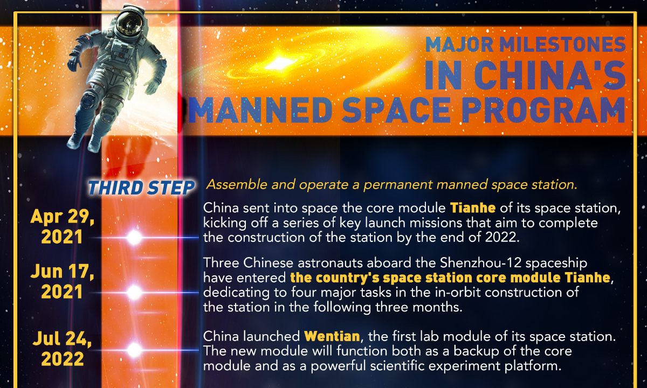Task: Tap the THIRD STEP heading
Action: point(142,188)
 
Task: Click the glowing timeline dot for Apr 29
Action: point(134,237)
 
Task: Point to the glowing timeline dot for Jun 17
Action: point(134,293)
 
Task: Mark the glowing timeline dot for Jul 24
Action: point(134,350)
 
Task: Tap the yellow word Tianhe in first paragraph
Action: point(471,208)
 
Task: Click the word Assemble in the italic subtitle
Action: point(231,185)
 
